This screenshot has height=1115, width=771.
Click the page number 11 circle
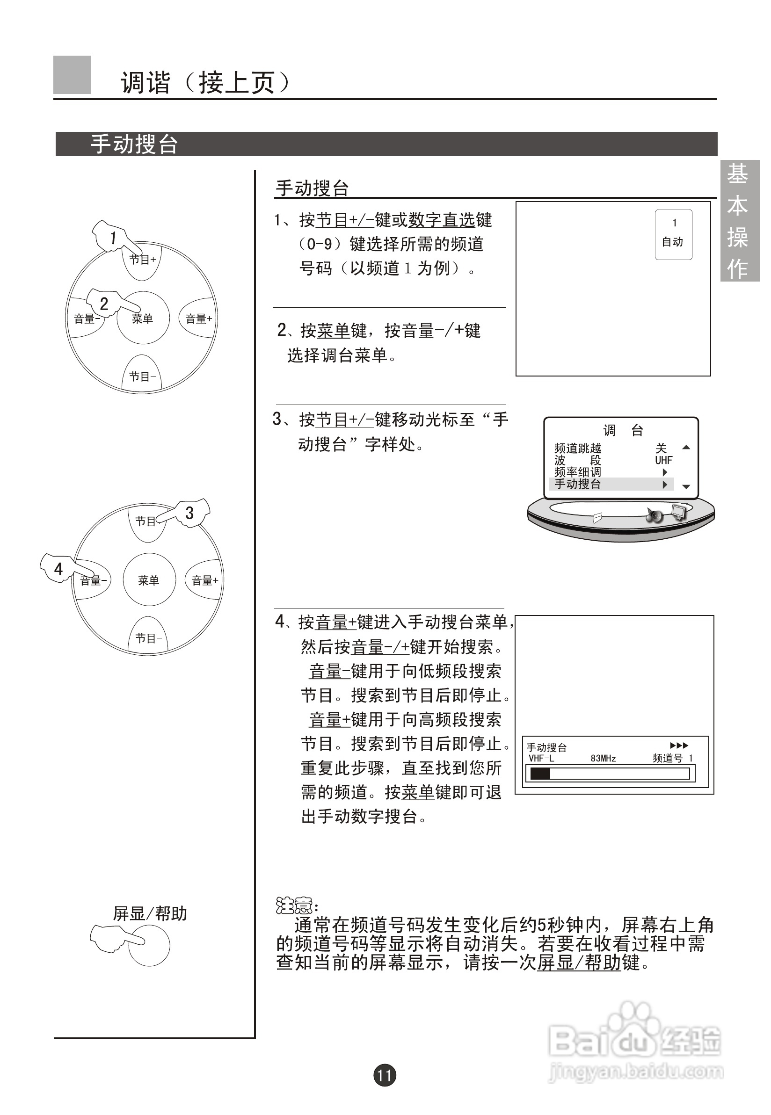pos(385,1075)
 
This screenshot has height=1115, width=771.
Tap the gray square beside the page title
pos(72,75)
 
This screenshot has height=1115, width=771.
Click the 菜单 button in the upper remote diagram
pos(143,318)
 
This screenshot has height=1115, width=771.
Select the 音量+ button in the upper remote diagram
pos(198,318)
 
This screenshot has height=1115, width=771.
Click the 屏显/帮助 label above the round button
pos(150,913)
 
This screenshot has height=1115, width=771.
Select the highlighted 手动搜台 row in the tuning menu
pos(611,484)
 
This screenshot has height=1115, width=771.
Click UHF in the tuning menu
pos(663,460)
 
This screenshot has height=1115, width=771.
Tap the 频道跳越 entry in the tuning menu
pos(578,448)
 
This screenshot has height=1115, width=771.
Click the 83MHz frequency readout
pos(603,759)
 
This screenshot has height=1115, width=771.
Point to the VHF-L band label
pos(541,759)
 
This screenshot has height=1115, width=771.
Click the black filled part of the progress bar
pos(540,774)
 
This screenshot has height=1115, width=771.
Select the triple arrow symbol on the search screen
pos(679,746)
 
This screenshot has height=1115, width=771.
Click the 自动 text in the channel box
pos(672,242)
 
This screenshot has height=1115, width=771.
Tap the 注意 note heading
pos(295,906)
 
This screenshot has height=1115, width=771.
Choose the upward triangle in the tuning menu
pos(686,448)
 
